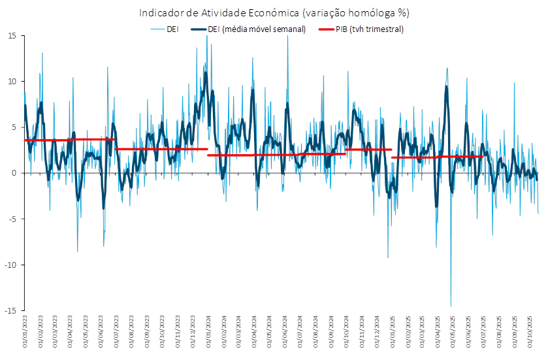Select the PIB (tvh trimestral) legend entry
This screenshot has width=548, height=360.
tap(369, 29)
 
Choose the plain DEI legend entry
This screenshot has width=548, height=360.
tap(174, 29)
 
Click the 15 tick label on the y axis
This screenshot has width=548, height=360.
tap(12, 36)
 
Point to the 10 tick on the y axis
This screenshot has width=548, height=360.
tap(12, 82)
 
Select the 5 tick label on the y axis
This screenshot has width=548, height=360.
tap(14, 127)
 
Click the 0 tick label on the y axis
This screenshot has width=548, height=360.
tap(14, 173)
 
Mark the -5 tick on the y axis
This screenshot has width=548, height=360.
tap(12, 219)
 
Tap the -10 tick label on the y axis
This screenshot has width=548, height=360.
tap(10, 265)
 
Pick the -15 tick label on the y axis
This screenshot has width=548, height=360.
tap(10, 310)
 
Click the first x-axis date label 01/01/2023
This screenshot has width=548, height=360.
tap(25, 333)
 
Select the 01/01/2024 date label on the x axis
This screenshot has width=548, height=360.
tap(209, 333)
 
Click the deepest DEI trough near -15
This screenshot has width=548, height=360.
tap(451, 305)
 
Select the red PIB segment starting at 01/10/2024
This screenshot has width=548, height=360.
tap(368, 150)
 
